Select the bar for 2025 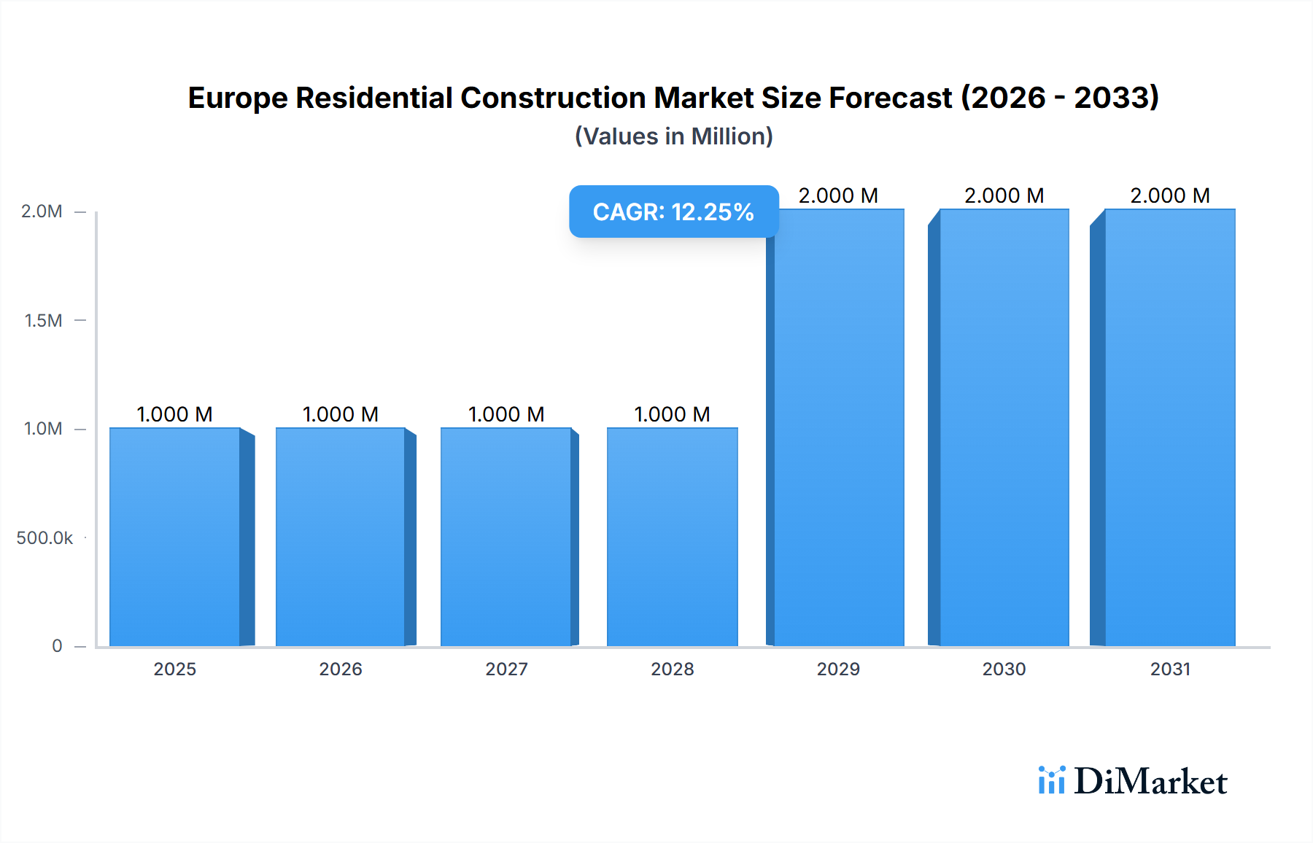[175, 537]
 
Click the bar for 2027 [506, 537]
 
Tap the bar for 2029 [839, 427]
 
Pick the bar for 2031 [1170, 427]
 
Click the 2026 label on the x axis [341, 669]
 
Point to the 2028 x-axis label [673, 669]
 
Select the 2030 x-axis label [1004, 669]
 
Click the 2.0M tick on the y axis [42, 211]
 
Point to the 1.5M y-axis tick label [43, 320]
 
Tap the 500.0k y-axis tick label [44, 538]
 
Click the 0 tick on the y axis [57, 645]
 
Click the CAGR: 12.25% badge [673, 211]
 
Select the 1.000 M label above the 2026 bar [341, 414]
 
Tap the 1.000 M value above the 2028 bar [673, 414]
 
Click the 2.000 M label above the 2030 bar [1004, 195]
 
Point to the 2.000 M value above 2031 [1170, 195]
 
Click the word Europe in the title [237, 98]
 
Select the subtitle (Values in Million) [673, 136]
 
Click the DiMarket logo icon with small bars [1051, 780]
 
